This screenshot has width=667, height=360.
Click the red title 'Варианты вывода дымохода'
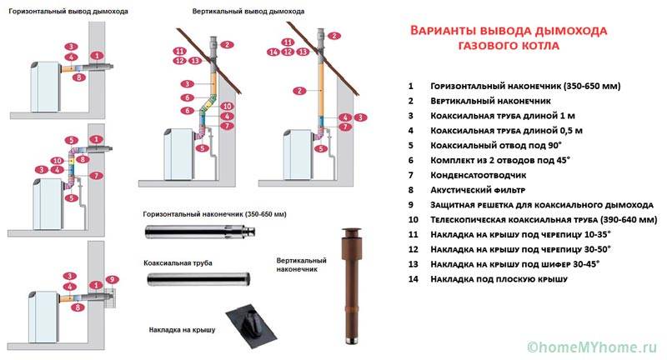509,31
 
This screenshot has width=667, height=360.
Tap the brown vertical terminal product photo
349,283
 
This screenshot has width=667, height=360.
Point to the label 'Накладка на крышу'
181,330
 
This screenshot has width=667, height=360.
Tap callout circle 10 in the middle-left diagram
58,160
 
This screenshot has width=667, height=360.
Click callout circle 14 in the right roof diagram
273,52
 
